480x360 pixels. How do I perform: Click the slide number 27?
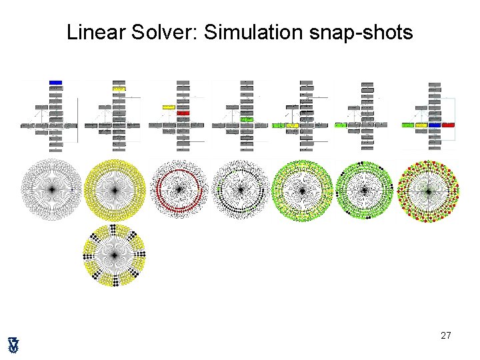(446, 335)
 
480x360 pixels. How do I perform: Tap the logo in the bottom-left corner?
(13, 344)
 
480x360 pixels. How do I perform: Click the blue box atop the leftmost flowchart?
(55, 83)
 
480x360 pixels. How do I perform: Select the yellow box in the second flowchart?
(119, 89)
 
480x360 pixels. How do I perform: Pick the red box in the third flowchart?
(183, 113)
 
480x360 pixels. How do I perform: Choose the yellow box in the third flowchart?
(168, 107)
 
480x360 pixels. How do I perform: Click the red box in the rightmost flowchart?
(448, 125)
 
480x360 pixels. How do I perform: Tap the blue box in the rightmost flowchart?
(435, 125)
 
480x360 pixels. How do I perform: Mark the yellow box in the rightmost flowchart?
(421, 125)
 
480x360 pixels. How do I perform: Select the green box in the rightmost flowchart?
(408, 125)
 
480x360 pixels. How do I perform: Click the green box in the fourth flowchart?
(247, 119)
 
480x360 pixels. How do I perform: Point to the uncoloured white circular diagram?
(51, 190)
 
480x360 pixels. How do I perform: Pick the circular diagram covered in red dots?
(428, 191)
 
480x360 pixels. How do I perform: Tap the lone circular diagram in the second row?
(115, 255)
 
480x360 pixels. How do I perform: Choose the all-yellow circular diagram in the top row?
(115, 190)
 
